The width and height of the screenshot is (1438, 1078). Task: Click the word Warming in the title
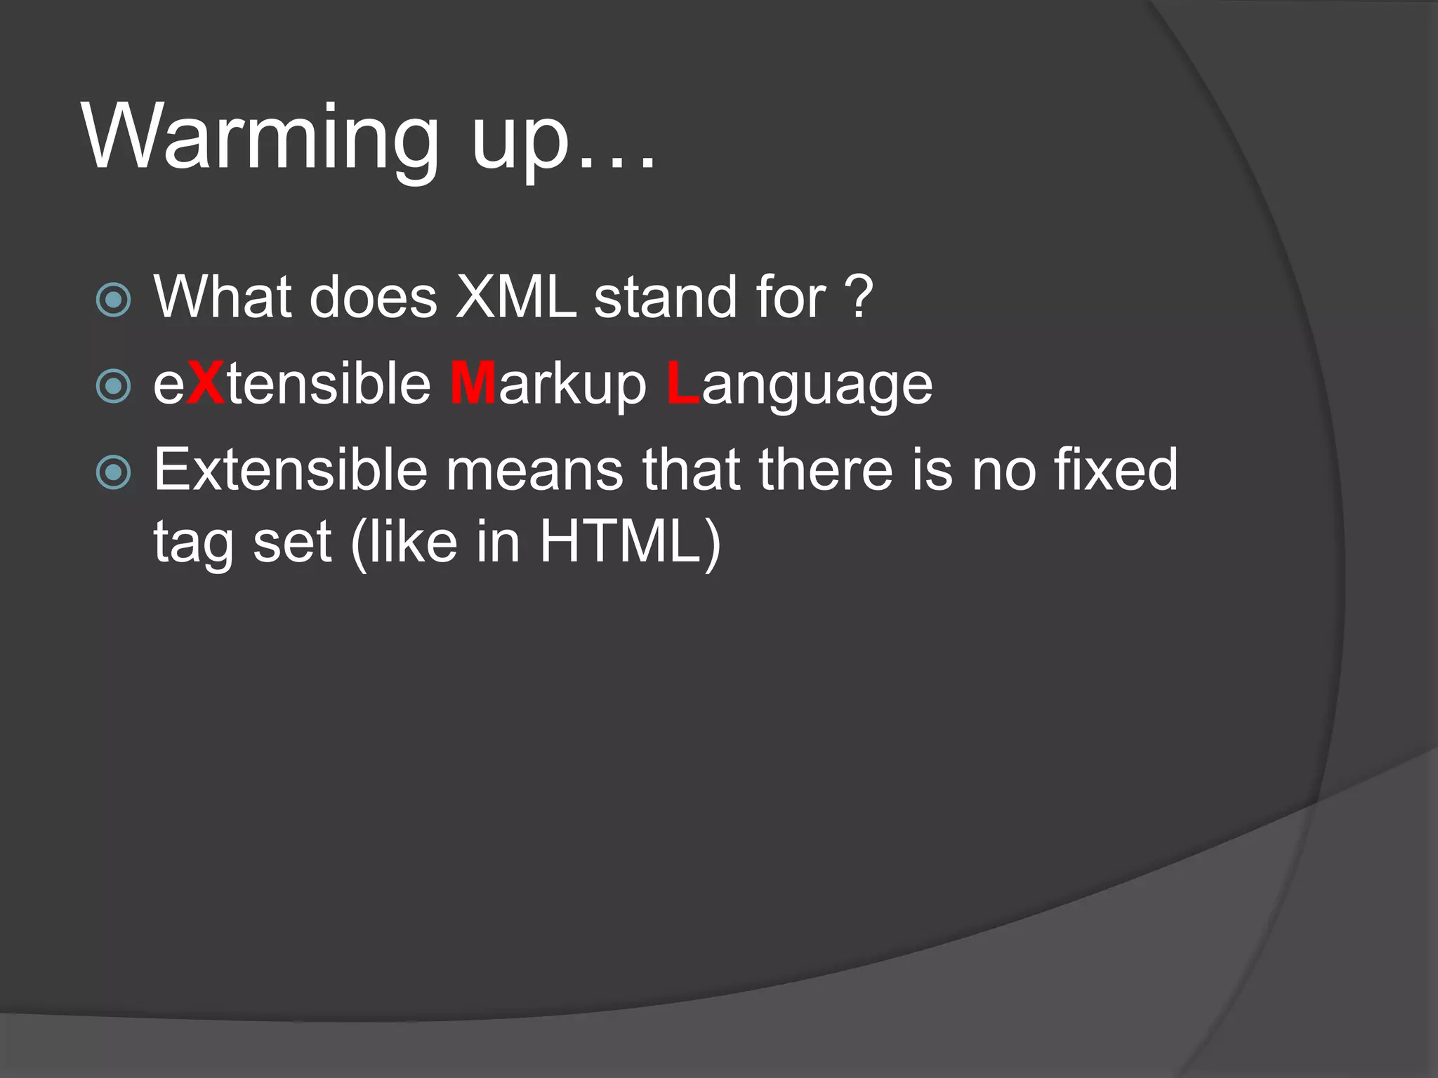[x=260, y=137]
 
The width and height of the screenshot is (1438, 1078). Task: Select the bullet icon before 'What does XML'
[x=113, y=300]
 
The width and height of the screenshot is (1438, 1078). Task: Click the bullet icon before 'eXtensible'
[x=113, y=386]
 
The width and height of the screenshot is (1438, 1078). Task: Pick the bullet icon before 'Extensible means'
[x=113, y=472]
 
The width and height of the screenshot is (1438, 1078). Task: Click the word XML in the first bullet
[x=516, y=297]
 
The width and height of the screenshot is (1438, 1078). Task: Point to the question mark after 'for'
[x=858, y=297]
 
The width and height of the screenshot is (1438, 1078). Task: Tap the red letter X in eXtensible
[x=206, y=383]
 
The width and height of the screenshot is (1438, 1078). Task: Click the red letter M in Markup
[x=473, y=383]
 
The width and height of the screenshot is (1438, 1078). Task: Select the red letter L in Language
[x=682, y=383]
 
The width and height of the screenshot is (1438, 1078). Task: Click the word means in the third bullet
[x=535, y=470]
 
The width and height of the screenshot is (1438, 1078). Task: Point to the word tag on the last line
[x=193, y=544]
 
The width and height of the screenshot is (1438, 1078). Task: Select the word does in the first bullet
[x=373, y=297]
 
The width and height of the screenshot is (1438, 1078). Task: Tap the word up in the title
[x=519, y=140]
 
